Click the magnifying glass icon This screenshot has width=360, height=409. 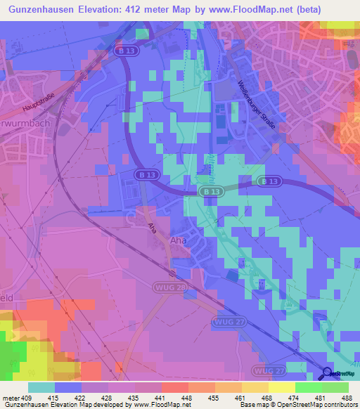click(x=327, y=373)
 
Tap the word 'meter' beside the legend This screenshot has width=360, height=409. click(x=10, y=397)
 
